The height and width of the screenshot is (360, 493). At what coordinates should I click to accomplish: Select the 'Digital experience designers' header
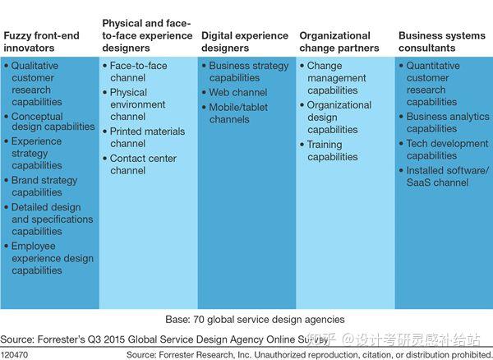245,42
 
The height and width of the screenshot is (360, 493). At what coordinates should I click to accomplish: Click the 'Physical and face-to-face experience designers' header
146,35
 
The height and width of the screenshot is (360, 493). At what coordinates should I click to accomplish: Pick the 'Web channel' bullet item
237,93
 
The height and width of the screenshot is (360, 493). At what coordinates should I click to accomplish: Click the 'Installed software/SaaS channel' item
448,176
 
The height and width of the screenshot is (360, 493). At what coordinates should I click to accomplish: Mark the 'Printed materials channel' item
146,137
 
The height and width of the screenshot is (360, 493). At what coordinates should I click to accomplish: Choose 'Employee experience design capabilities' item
52,258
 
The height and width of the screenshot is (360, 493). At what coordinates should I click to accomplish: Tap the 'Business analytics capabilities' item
447,122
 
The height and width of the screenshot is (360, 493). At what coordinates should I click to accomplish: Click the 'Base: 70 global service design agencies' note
246,319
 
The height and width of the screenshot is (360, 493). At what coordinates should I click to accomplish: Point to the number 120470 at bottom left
16,354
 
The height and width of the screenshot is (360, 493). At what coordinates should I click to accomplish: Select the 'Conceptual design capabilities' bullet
52,122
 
